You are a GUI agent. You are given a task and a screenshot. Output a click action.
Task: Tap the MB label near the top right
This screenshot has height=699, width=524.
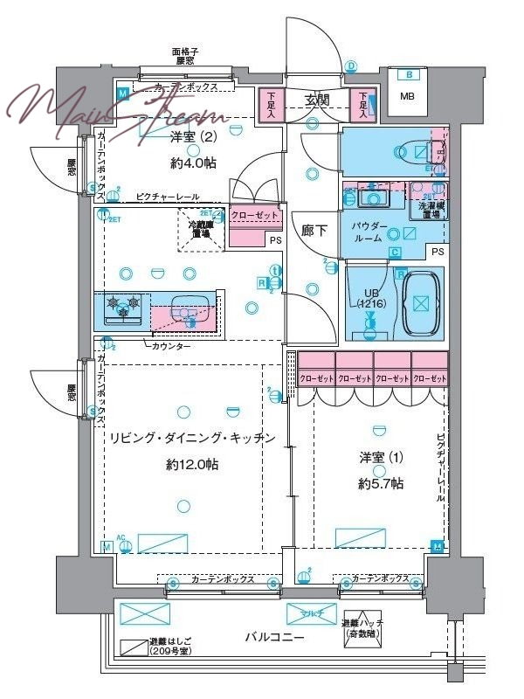pyautogui.click(x=408, y=96)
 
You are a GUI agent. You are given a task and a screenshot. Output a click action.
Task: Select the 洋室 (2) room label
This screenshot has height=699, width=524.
pyautogui.click(x=192, y=136)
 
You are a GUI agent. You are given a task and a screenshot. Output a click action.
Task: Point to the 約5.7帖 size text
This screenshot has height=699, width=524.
pyautogui.click(x=379, y=483)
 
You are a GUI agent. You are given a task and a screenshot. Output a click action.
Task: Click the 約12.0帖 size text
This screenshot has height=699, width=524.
pyautogui.click(x=191, y=465)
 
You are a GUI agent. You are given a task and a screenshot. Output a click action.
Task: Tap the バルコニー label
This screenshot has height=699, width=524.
pyautogui.click(x=274, y=638)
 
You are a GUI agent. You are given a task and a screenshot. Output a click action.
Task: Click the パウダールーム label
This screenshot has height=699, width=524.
pyautogui.click(x=370, y=232)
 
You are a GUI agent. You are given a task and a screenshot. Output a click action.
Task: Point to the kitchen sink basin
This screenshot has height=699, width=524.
pyautogui.click(x=186, y=311)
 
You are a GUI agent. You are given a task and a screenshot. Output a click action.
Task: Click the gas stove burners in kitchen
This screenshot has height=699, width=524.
pyautogui.click(x=123, y=307)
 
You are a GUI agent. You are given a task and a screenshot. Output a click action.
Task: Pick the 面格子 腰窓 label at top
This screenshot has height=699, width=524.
pyautogui.click(x=185, y=57)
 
